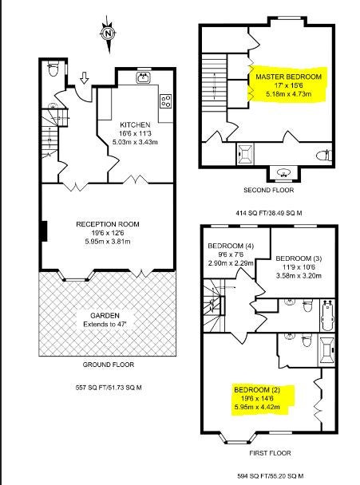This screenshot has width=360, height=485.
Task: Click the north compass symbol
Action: coord(108,34)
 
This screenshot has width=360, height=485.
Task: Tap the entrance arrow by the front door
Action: coord(84,78)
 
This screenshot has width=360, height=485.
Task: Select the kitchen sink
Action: coord(144,77)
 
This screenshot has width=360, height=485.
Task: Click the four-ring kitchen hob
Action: coord(166,101)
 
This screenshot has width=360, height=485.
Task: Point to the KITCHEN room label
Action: coord(135,125)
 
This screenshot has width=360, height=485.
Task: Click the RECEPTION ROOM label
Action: coord(108,224)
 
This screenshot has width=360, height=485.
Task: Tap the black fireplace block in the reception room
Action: coord(44,231)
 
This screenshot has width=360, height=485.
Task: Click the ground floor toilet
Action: coord(53,69)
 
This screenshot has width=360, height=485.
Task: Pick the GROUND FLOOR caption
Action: coord(109,365)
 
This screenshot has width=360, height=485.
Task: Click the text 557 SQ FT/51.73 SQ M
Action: coord(109,387)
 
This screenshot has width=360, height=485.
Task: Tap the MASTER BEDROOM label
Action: coord(288,77)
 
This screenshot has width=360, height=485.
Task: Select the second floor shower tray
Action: coord(246,154)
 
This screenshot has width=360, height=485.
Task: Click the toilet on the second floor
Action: coord(325,155)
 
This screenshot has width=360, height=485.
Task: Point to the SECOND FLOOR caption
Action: coord(269,190)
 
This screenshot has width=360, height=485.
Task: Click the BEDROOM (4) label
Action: coord(231,246)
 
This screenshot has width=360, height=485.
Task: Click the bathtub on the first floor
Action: coord(328,315)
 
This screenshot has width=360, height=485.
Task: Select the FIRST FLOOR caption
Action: coord(271,453)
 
